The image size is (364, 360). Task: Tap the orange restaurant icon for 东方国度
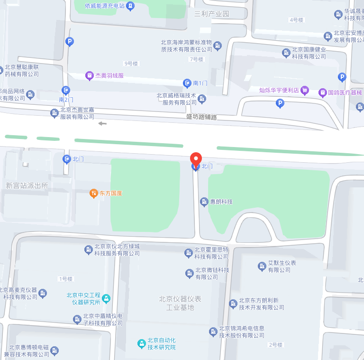[94, 193]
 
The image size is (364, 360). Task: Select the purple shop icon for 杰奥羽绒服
[89, 75]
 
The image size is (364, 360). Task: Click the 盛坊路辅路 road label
[201, 117]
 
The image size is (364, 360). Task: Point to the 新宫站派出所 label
[27, 185]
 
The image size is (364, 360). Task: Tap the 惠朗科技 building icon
[204, 202]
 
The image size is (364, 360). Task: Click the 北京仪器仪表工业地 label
[180, 303]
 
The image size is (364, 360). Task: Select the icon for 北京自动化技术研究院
[141, 343]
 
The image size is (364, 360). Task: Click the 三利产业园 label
[212, 14]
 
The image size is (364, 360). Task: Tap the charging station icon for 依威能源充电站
[130, 6]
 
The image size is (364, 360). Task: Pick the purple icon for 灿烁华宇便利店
[305, 90]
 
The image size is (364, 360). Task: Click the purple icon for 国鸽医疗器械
[322, 92]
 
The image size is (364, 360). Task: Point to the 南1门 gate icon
[187, 83]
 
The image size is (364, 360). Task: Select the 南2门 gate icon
[66, 90]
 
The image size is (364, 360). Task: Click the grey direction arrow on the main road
[102, 124]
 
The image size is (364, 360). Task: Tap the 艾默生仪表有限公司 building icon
[262, 267]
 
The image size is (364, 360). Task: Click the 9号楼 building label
[131, 64]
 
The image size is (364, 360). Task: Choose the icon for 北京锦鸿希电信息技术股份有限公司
[213, 331]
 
